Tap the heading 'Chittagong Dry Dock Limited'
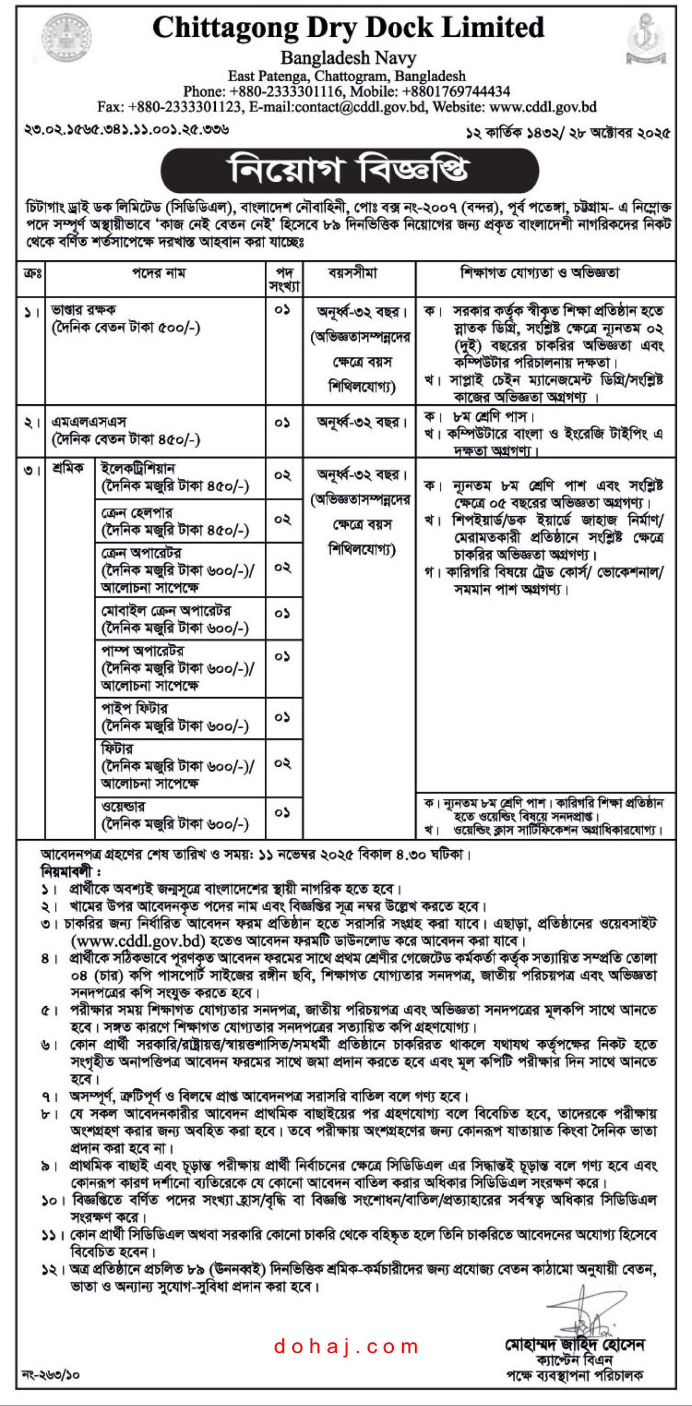[348, 27]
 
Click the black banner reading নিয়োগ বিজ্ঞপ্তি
[349, 170]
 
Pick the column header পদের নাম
[159, 273]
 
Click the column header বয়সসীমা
[353, 273]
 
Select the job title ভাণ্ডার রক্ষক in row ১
[83, 310]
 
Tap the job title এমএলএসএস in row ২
[89, 422]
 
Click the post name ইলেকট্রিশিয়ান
[138, 468]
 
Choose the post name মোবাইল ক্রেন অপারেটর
[166, 610]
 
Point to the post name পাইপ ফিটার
[135, 708]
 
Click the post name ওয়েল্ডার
[124, 806]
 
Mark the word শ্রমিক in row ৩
[68, 468]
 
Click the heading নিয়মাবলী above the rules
[70, 872]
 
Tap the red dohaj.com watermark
[346, 1346]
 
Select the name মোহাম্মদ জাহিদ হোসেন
[574, 1344]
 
